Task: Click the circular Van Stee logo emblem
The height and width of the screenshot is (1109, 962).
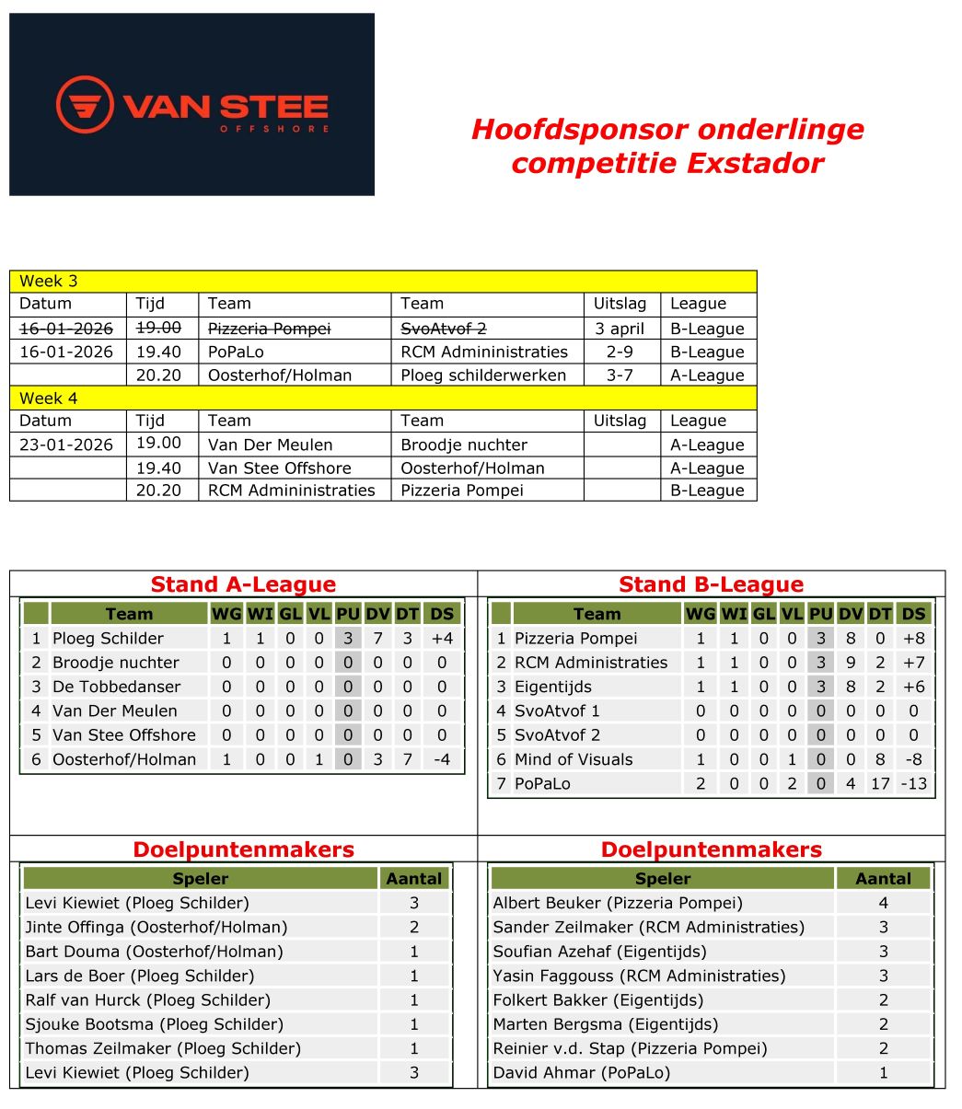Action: click(85, 104)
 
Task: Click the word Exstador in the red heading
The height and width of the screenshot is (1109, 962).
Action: click(761, 163)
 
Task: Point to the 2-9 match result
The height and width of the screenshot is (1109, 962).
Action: click(620, 352)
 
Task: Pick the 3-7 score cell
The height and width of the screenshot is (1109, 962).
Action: click(620, 375)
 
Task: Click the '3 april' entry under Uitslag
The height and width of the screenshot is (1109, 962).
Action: click(620, 329)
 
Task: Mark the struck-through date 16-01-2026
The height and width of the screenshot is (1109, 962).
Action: click(66, 328)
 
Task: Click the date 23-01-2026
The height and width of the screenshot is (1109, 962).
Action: click(66, 445)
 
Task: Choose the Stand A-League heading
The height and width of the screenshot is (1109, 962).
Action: click(243, 584)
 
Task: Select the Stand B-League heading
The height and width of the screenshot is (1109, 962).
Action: click(711, 584)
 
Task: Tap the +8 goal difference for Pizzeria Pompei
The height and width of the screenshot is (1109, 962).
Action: click(914, 638)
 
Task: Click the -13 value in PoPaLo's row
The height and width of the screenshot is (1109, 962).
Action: click(914, 783)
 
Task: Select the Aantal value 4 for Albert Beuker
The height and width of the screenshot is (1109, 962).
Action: click(883, 903)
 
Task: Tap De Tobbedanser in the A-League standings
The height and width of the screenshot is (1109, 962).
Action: click(116, 687)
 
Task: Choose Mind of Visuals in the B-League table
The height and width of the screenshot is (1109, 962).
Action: click(574, 759)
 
